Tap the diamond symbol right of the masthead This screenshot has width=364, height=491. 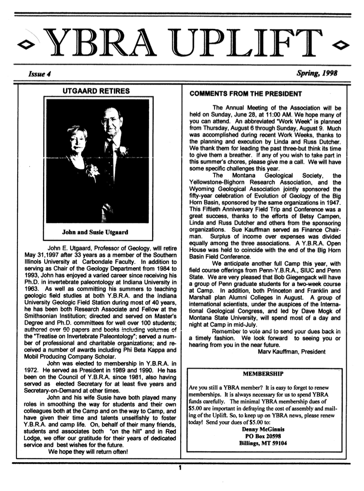click(x=341, y=45)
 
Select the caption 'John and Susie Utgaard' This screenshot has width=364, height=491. click(x=95, y=232)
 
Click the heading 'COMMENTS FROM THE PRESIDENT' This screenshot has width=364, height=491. click(x=245, y=94)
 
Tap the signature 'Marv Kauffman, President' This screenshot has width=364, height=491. click(x=292, y=352)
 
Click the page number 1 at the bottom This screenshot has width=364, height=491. click(x=180, y=467)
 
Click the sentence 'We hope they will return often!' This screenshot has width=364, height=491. click(x=88, y=452)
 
